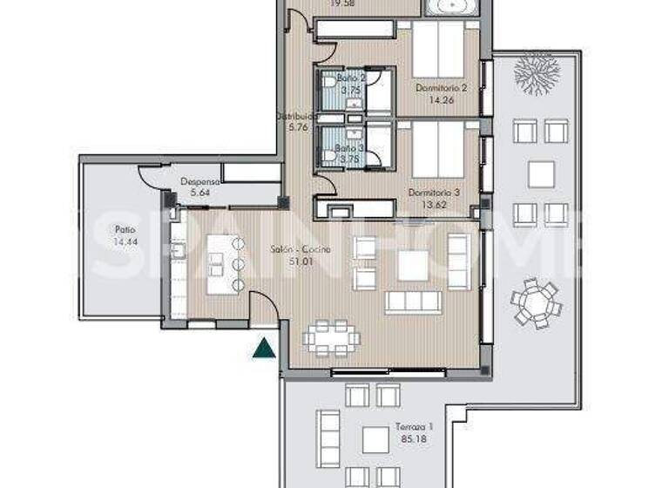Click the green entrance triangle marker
coord(260,349)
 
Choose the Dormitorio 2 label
coord(442,88)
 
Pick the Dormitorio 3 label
coord(433,193)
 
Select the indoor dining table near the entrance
coord(330,337)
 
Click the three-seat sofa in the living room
coord(414,302)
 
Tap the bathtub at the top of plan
coord(451,7)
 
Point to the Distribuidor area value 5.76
coord(287,126)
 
